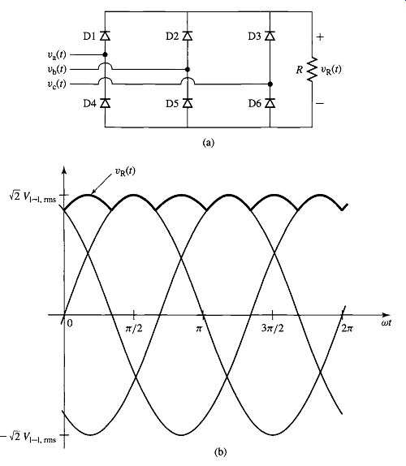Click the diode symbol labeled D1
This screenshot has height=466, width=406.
pyautogui.click(x=105, y=36)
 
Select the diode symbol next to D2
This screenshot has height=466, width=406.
pyautogui.click(x=188, y=36)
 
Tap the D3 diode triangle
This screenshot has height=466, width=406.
pyautogui.click(x=270, y=36)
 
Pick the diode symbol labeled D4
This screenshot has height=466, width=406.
pyautogui.click(x=105, y=103)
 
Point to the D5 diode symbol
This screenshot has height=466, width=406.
pyautogui.click(x=188, y=103)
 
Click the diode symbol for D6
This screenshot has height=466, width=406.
pyautogui.click(x=270, y=103)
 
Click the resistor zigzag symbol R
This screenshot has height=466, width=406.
pyautogui.click(x=312, y=69)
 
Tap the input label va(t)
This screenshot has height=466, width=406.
pyautogui.click(x=57, y=54)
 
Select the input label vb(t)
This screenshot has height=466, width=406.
pyautogui.click(x=57, y=69)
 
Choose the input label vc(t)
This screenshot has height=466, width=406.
pyautogui.click(x=57, y=84)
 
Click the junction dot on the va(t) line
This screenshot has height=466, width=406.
pyautogui.click(x=105, y=54)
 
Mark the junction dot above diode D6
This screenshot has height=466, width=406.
pyautogui.click(x=270, y=84)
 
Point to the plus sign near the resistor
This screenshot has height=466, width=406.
pyautogui.click(x=320, y=37)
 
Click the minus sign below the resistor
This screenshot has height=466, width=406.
pyautogui.click(x=320, y=103)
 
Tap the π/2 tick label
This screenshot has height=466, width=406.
pyautogui.click(x=134, y=329)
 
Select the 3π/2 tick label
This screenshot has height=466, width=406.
pyautogui.click(x=273, y=329)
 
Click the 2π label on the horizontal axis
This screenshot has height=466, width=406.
pyautogui.click(x=347, y=328)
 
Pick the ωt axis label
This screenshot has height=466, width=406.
pyautogui.click(x=386, y=322)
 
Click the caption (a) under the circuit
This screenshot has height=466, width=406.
pyautogui.click(x=208, y=143)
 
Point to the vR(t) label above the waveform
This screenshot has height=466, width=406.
pyautogui.click(x=125, y=171)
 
